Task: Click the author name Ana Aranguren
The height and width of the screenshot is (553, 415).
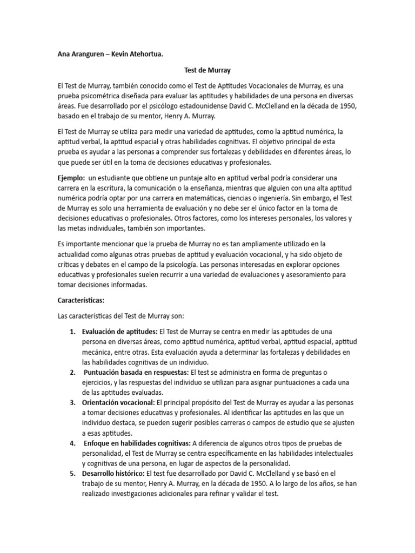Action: coord(80,54)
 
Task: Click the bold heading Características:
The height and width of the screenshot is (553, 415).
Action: coord(81,300)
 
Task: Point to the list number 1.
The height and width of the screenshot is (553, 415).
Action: coord(72,331)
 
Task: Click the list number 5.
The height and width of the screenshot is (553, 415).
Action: coord(72,474)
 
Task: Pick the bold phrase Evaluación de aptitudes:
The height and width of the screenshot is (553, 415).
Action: coord(119,331)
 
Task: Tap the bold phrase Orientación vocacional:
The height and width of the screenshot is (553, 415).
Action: coord(118,402)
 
